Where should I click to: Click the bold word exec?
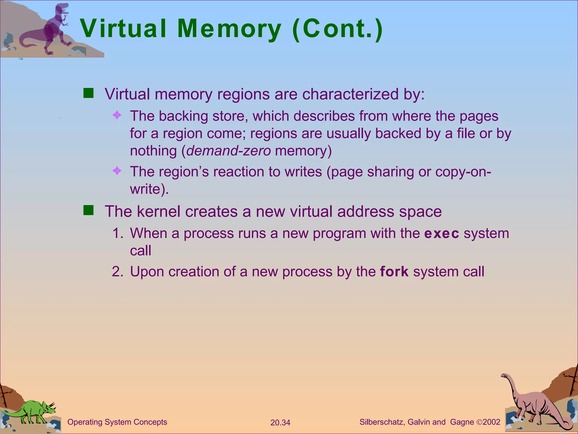coord(442,234)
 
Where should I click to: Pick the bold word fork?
coord(394,272)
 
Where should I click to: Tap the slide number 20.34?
coord(280,423)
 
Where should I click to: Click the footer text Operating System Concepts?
coord(117,422)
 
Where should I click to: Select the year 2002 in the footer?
coord(491,422)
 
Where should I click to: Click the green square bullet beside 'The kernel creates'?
coord(89,211)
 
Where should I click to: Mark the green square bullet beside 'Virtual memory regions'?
coord(89,93)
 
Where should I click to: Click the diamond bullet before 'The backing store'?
coord(117,115)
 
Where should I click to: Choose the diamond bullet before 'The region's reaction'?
coord(117,171)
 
